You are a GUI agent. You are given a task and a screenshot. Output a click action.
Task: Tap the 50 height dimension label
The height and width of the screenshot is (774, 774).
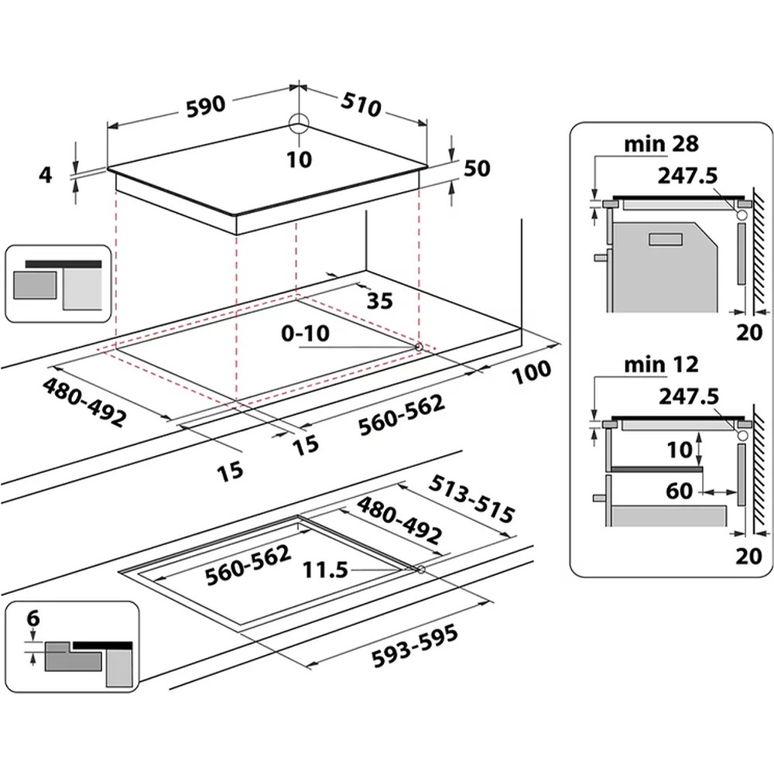[477, 168]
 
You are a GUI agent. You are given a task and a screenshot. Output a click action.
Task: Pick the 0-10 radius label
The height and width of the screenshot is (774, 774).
[306, 334]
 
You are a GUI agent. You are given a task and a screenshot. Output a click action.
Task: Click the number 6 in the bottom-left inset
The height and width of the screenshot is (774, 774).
[31, 619]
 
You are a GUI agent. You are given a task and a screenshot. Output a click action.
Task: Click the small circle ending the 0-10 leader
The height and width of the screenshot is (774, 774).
[419, 348]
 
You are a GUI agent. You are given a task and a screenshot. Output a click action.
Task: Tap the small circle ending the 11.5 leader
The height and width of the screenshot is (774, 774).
[420, 570]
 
